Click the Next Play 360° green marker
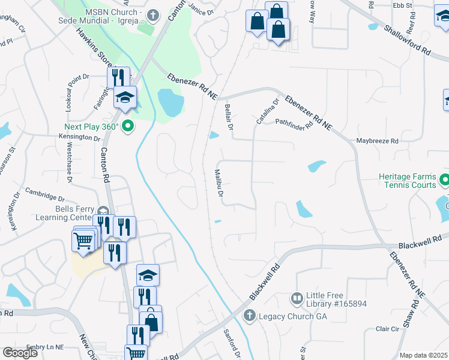[127, 127]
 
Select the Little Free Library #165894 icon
[297, 298]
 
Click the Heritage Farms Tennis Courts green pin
[445, 179]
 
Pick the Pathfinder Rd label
[294, 124]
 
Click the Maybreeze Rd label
[378, 142]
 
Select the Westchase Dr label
[70, 161]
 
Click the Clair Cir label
[387, 329]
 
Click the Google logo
[20, 353]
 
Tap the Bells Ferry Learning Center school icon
[103, 211]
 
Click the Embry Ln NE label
[45, 347]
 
